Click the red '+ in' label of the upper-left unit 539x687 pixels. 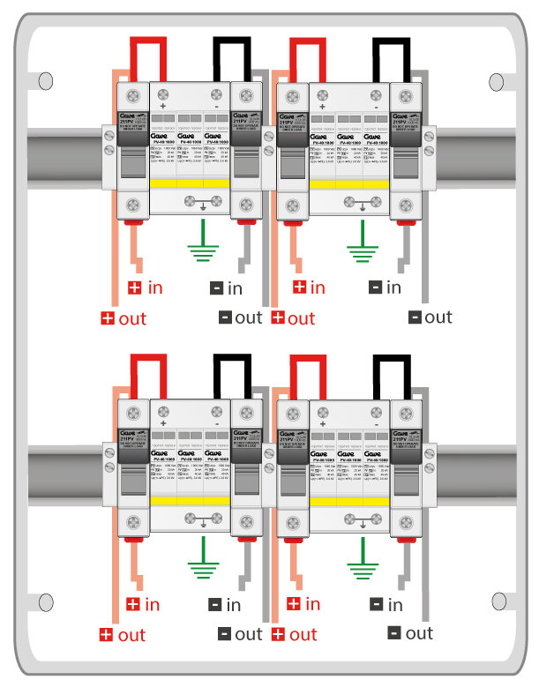pyautogui.click(x=146, y=287)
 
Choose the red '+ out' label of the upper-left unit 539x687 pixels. pyautogui.click(x=124, y=317)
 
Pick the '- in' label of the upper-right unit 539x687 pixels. pyautogui.click(x=385, y=287)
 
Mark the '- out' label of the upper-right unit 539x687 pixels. pyautogui.click(x=430, y=317)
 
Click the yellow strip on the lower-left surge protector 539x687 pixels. pyautogui.click(x=191, y=501)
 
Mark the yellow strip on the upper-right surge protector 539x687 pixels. pyautogui.click(x=350, y=183)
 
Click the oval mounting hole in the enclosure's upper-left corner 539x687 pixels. pyautogui.click(x=43, y=82)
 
